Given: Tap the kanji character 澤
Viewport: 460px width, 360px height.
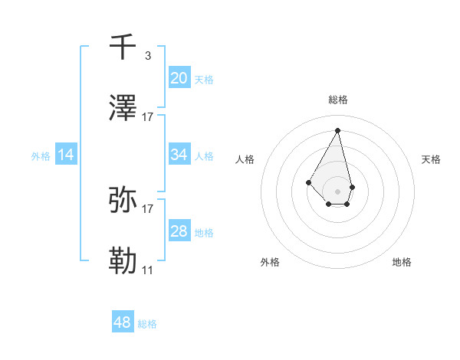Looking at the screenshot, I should (x=124, y=110).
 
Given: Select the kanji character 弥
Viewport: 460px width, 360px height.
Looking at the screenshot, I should (x=124, y=200).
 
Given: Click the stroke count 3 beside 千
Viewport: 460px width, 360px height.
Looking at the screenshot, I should (x=147, y=55).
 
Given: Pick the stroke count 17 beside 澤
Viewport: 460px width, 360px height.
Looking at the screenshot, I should (x=148, y=117).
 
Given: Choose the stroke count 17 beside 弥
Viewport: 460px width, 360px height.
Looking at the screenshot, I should (x=148, y=208).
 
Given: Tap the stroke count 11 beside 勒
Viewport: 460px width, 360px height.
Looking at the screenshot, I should (x=148, y=270).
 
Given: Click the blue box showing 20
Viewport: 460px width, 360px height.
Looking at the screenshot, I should (x=179, y=78).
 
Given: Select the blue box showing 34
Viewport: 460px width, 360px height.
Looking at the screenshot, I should (x=179, y=155).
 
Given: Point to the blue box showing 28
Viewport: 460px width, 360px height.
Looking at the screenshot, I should (x=179, y=231).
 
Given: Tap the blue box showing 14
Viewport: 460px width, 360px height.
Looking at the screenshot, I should (x=66, y=155).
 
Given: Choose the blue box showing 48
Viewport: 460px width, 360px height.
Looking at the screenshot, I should (x=123, y=322).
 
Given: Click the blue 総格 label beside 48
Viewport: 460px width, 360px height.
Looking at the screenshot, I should (x=147, y=324).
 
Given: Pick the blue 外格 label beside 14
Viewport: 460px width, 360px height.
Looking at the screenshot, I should (x=41, y=156).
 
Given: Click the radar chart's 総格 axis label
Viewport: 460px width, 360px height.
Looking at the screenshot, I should (x=338, y=100).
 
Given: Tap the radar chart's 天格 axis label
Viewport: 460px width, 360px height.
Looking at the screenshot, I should (x=431, y=159).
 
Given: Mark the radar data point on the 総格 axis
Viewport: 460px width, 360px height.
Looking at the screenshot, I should (x=337, y=130).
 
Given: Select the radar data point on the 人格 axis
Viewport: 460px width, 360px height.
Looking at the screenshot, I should (x=308, y=182).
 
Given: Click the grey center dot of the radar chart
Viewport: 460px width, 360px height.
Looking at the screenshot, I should (x=337, y=191).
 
